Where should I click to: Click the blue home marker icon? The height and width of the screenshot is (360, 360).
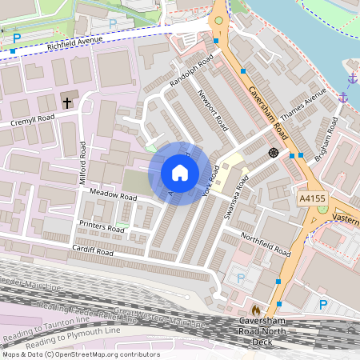tap(180, 173)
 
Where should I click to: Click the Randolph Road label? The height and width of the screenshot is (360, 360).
tap(192, 72)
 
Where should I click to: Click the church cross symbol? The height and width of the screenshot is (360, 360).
tap(66, 102)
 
